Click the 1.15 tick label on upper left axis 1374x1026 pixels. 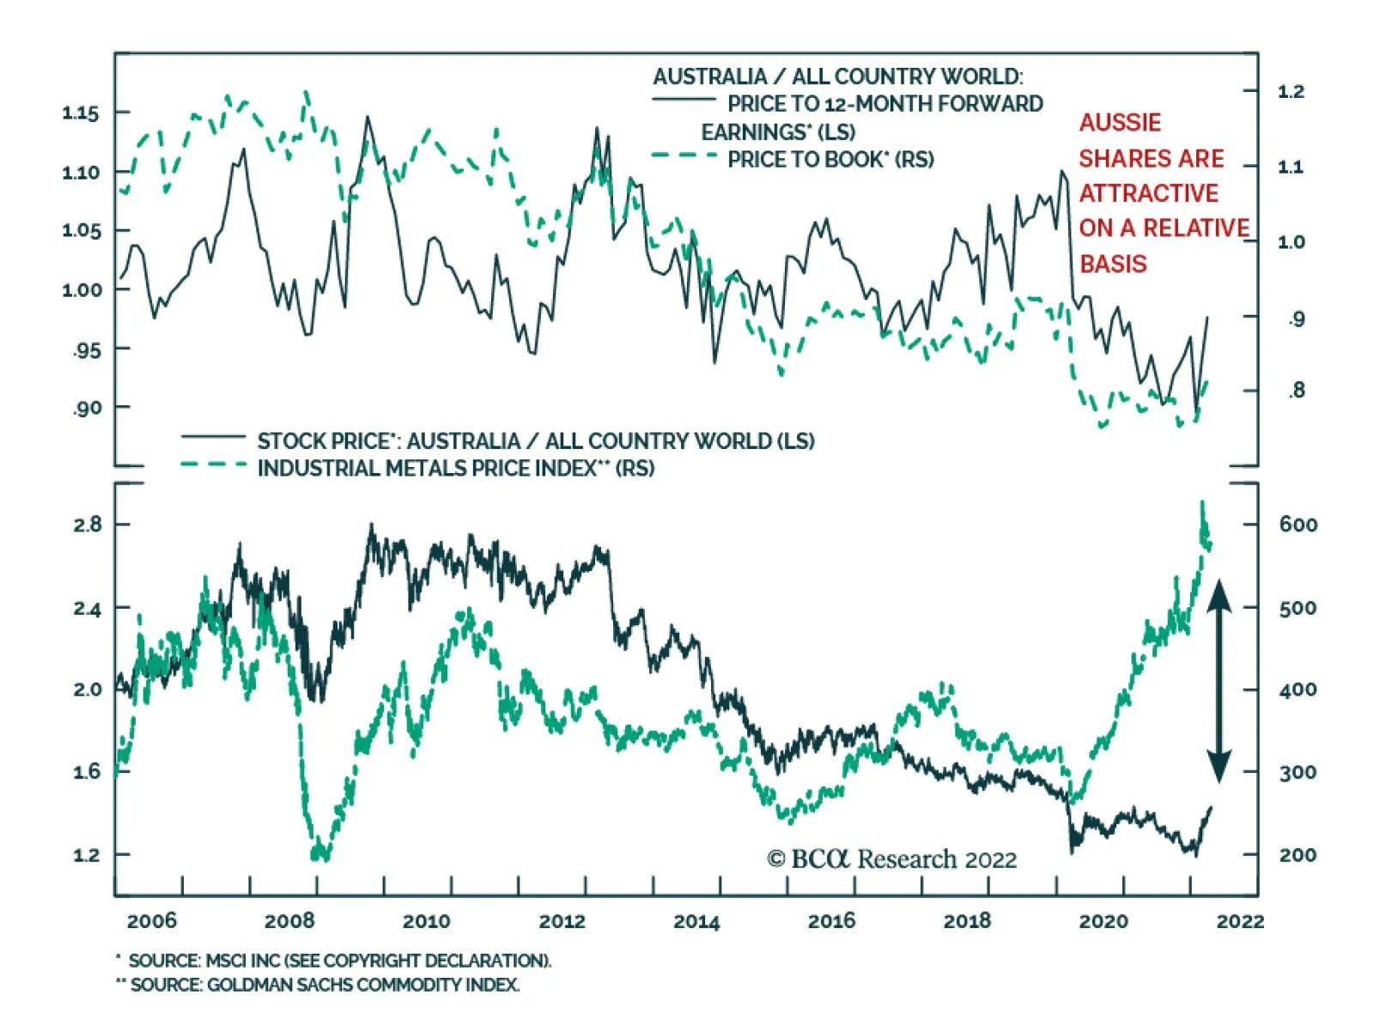click(80, 113)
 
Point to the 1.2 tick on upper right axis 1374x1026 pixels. click(1291, 92)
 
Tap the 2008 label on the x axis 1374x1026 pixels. click(289, 921)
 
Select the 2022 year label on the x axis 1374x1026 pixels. click(1240, 921)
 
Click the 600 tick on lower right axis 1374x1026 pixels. click(1298, 525)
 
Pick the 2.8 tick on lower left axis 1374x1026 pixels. click(87, 525)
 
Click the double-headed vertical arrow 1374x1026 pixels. click(1219, 682)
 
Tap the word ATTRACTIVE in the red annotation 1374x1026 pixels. click(1148, 194)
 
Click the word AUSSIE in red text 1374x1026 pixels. click(1120, 123)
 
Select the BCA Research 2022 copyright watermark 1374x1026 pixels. click(891, 859)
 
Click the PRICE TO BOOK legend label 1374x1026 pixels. click(830, 160)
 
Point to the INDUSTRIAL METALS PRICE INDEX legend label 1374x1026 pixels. click(455, 469)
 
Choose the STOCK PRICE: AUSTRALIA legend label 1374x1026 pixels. click(535, 441)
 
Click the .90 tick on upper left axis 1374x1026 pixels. click(87, 408)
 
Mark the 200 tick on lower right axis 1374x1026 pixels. click(1298, 855)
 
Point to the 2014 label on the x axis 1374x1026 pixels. click(696, 921)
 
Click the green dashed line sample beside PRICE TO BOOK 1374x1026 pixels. click(684, 155)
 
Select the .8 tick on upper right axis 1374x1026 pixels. click(1297, 392)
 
